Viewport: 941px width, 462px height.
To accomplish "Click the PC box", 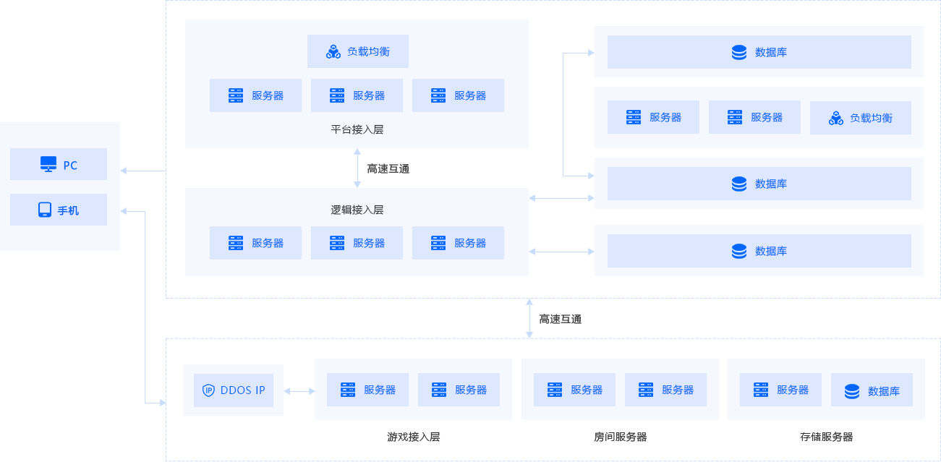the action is coord(59,164).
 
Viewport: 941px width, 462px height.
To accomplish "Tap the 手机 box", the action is coord(59,210).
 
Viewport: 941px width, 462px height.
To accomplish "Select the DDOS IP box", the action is coord(234,390).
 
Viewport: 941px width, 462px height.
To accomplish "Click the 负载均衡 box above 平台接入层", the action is coord(358,51).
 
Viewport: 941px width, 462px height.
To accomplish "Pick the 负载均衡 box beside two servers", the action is coord(860,118).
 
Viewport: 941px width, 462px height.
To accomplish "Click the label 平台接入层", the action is coord(357,129).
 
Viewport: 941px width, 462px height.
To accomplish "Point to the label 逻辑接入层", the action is coord(357,210).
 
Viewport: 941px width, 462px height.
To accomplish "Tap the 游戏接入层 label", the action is coord(414,437).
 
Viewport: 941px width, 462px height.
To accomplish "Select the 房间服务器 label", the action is coord(620,437).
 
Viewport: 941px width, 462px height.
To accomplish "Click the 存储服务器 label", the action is coord(826,437).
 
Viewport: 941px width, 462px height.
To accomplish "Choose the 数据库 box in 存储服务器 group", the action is coord(872,390).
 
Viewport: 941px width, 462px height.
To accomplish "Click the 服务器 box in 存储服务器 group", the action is coord(780,390).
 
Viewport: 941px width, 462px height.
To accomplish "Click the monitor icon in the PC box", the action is coord(48,164).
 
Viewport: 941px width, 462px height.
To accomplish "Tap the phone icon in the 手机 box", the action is coord(45,210).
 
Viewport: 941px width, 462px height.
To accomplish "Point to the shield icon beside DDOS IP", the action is coord(208,390).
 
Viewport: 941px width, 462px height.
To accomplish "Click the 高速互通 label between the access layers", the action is coord(388,169).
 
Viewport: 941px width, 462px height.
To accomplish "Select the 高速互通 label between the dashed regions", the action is coord(561,319).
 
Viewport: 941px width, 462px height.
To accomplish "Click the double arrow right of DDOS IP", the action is coord(299,391).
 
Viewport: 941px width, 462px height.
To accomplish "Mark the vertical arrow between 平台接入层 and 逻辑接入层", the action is coord(357,168).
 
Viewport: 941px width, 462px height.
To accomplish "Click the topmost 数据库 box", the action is coord(759,52).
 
